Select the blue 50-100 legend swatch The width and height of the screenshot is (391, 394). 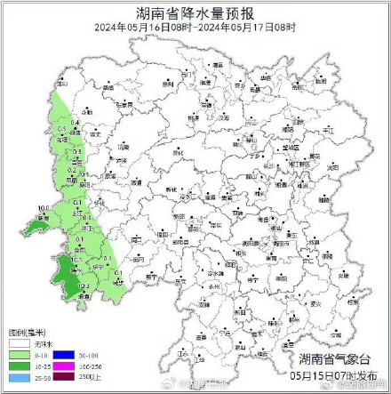click(62, 355)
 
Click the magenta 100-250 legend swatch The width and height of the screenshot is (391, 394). click(62, 366)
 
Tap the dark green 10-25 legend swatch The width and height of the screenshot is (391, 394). click(18, 366)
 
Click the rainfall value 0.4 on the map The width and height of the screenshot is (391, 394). click(75, 122)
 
